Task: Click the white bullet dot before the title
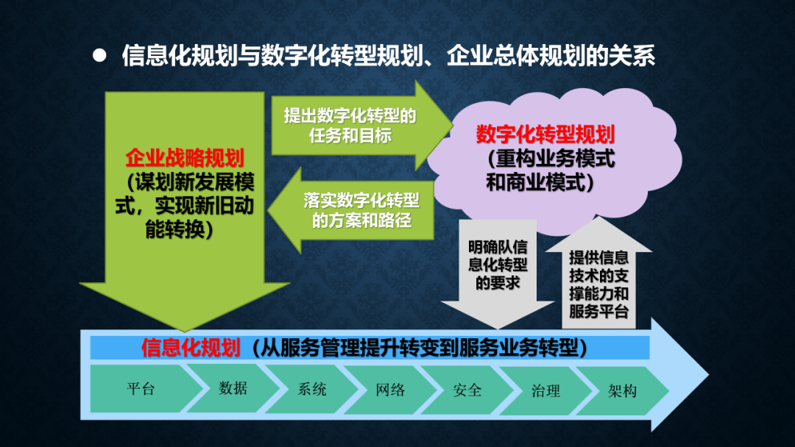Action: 99,55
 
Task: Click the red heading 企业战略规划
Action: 185,158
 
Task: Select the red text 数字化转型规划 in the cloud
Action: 545,134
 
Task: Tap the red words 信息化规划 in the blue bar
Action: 191,348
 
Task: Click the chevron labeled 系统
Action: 311,390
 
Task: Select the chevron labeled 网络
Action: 390,390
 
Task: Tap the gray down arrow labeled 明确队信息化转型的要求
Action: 498,273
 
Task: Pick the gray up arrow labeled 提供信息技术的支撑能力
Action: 598,273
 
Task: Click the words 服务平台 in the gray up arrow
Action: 598,311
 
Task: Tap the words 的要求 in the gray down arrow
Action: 498,283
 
